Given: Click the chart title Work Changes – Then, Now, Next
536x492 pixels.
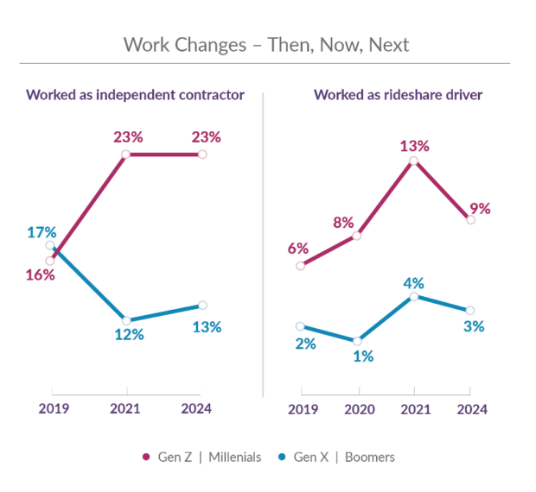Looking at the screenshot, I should pyautogui.click(x=265, y=44).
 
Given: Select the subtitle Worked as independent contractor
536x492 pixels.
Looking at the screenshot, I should pyautogui.click(x=134, y=95).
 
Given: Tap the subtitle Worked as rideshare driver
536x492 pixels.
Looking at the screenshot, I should pyautogui.click(x=398, y=95).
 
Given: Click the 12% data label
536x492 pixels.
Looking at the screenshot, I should pyautogui.click(x=129, y=336).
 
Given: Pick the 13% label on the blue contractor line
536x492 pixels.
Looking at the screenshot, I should pyautogui.click(x=207, y=327).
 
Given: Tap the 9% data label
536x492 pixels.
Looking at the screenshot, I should pyautogui.click(x=481, y=208).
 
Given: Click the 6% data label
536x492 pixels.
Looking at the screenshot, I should pyautogui.click(x=298, y=249).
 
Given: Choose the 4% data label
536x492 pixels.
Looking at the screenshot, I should pyautogui.click(x=414, y=282).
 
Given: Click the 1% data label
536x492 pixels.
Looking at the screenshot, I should pyautogui.click(x=363, y=356).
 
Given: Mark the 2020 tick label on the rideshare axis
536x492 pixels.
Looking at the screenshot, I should pyautogui.click(x=357, y=408).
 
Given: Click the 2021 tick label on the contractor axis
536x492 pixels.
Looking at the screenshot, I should pyautogui.click(x=126, y=408).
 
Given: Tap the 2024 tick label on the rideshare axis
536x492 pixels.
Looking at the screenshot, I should pyautogui.click(x=472, y=408).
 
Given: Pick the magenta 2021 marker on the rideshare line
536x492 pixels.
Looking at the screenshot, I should pyautogui.click(x=414, y=161).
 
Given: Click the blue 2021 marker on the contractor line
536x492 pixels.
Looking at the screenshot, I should pyautogui.click(x=126, y=320).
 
